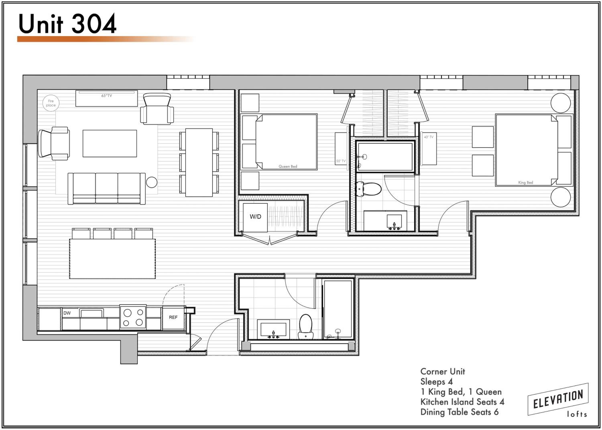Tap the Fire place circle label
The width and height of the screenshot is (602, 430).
[51, 103]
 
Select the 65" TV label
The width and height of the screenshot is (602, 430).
[107, 96]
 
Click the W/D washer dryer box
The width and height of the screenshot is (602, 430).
[255, 217]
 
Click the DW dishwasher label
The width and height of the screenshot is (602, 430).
[67, 313]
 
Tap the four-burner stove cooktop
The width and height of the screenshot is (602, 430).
[133, 317]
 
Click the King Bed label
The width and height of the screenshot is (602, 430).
[526, 182]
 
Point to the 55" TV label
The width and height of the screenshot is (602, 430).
[341, 161]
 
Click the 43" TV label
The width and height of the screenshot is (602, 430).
[429, 137]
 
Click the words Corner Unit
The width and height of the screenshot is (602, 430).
[442, 372]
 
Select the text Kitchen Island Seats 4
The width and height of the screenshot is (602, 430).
[462, 402]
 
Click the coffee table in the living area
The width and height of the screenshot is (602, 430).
[110, 143]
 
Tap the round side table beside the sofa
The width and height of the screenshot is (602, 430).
[152, 182]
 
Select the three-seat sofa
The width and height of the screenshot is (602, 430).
[107, 189]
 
